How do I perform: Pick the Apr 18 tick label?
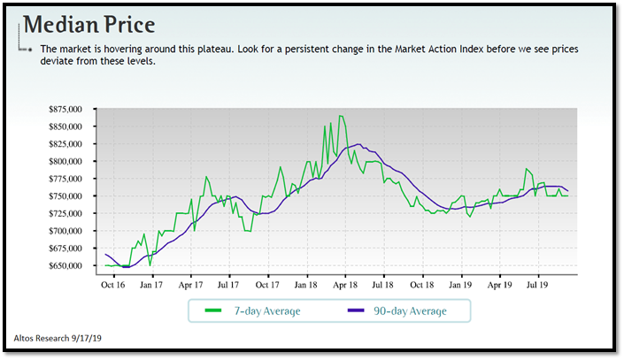click(344, 286)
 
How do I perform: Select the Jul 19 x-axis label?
click(536, 286)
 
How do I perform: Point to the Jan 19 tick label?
click(460, 286)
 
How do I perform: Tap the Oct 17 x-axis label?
click(268, 286)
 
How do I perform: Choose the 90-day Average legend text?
click(410, 310)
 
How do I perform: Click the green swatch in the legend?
click(212, 310)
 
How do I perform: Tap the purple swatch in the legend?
click(355, 310)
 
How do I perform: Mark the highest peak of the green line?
click(342, 116)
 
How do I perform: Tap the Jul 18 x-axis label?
click(383, 286)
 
